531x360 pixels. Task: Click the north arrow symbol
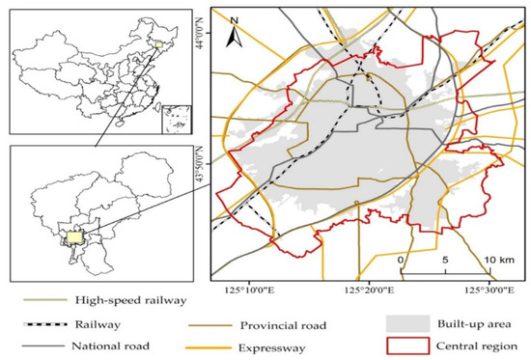point(232,39)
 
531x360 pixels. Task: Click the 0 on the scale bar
point(400,261)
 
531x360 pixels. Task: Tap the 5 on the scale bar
point(445,261)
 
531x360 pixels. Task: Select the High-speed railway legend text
point(125,300)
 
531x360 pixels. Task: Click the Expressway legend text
point(273,345)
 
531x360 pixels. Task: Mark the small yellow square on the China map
point(158,44)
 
